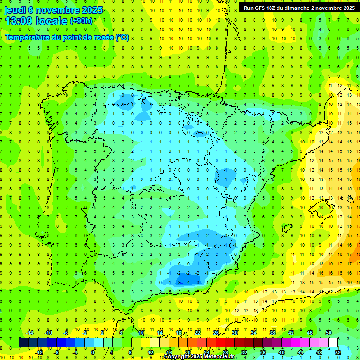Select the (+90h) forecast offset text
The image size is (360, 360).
[x=81, y=21]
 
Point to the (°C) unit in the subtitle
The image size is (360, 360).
[x=122, y=37]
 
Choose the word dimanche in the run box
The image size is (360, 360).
[x=299, y=8]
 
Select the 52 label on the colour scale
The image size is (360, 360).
[x=338, y=352]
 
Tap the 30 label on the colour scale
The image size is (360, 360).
[x=234, y=333]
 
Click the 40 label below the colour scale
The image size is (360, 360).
[x=282, y=352]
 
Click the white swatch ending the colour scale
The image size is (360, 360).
[x=333, y=342]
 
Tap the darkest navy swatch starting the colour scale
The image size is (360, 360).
[x=23, y=342]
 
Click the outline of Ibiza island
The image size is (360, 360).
[x=285, y=228]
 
